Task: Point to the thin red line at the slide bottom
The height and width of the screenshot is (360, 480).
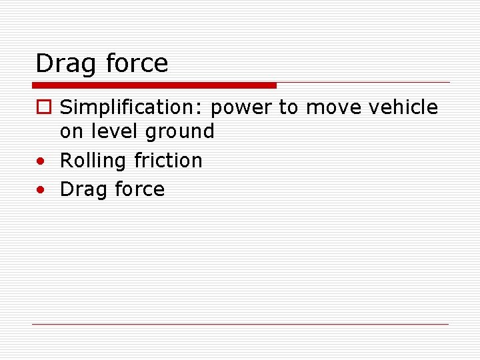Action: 240,324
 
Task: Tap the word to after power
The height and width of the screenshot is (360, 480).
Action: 288,107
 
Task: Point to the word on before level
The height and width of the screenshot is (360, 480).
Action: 71,131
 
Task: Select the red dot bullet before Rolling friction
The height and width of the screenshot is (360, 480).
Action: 41,161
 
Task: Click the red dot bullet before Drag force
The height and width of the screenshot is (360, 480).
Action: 41,189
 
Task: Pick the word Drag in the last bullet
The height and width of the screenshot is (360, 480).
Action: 83,189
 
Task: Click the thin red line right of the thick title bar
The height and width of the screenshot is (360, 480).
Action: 363,83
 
